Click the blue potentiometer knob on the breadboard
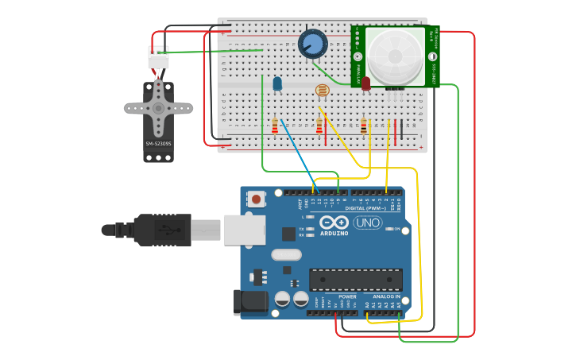pos(313,43)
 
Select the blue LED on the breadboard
pos(277,83)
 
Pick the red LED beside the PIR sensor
pos(365,83)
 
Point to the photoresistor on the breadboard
pos(322,91)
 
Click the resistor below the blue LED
pos(275,126)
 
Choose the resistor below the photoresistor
pos(319,126)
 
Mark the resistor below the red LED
pos(364,126)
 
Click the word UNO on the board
pos(367,223)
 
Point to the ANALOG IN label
pos(386,296)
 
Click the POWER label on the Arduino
pos(347,296)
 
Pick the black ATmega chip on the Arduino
pos(355,280)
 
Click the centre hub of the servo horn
pos(158,108)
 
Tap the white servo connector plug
pos(158,58)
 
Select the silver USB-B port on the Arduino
pos(243,230)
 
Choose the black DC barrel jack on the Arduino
pos(248,302)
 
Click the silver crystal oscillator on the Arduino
pos(286,255)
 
